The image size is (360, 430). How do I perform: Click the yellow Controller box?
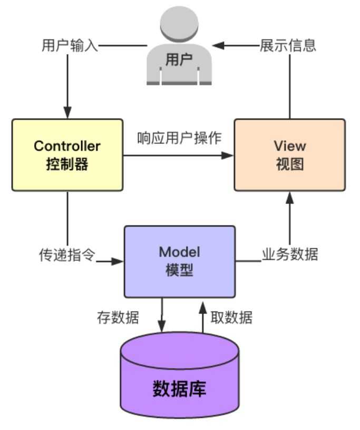67,154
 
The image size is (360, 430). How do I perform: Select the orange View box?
289,154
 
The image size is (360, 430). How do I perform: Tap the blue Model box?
179,261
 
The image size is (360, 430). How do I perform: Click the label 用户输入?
70,45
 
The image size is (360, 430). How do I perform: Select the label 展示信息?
287,45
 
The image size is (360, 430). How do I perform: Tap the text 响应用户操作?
179,138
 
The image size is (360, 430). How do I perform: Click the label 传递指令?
67,255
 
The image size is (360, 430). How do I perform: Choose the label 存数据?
118,318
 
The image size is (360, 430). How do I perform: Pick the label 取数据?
231,318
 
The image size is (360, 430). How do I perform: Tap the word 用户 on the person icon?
179,60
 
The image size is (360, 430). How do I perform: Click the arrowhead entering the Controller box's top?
67,113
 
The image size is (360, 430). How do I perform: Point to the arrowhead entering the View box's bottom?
289,197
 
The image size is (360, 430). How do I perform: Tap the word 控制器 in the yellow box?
67,164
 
